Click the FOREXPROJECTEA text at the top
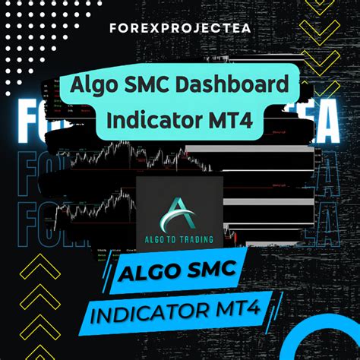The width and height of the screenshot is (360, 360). [179, 33]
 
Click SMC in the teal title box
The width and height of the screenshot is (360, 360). [156, 85]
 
